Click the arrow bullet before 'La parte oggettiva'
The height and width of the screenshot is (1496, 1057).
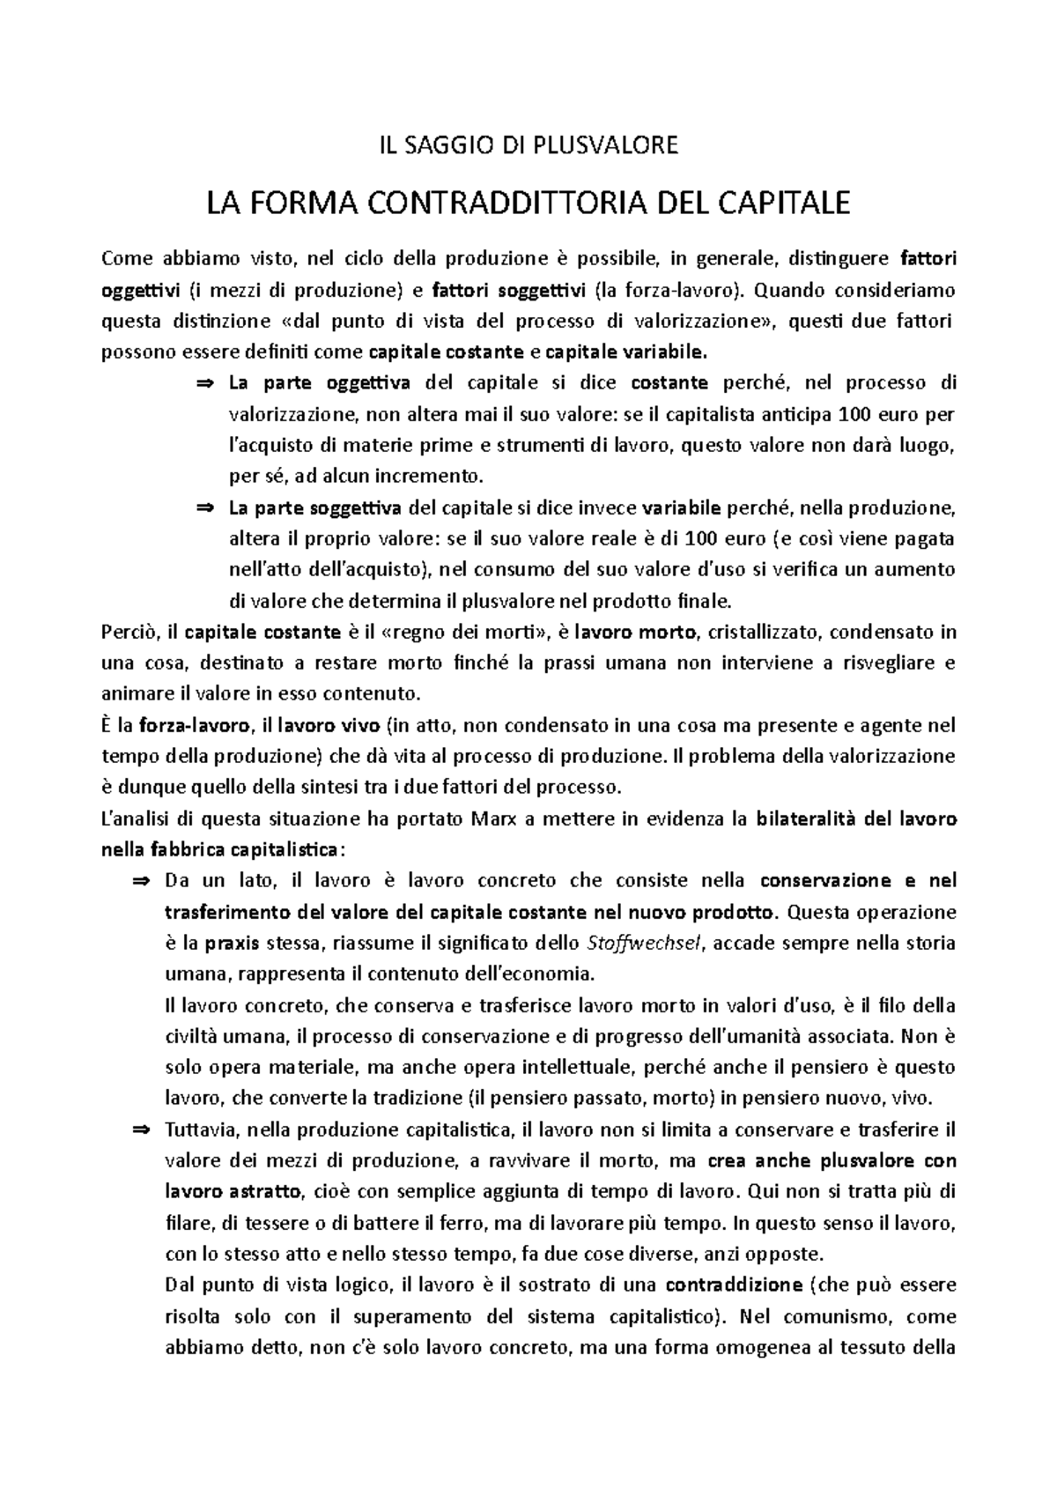click(204, 383)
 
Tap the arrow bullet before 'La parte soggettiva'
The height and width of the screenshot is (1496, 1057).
click(204, 508)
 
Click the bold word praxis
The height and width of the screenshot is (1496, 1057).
click(232, 944)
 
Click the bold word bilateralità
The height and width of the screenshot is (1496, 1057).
click(807, 818)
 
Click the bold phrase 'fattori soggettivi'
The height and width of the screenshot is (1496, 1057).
click(510, 290)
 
